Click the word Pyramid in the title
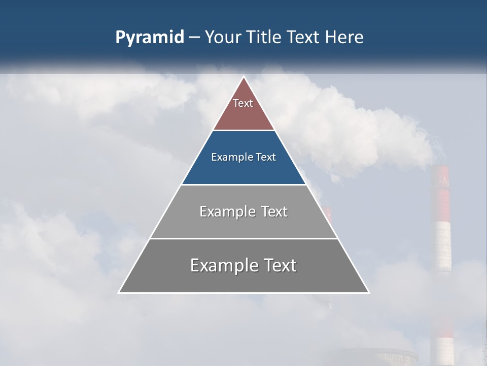tap(150, 37)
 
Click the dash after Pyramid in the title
tap(194, 38)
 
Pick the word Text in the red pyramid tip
tap(243, 103)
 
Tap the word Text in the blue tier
tap(265, 157)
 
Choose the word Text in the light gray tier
tap(274, 211)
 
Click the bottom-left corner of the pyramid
tap(119, 292)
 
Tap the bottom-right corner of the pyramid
tap(368, 292)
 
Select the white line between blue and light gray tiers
tap(243, 185)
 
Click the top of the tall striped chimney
tap(440, 167)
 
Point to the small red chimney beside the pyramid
tap(328, 213)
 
